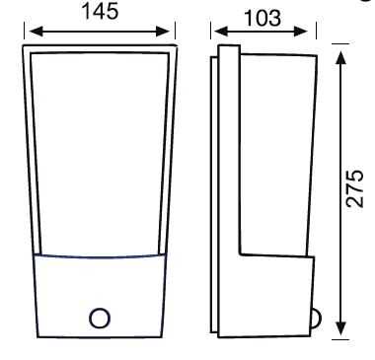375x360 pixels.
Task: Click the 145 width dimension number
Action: pos(100,12)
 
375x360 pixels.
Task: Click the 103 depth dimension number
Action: pos(262,18)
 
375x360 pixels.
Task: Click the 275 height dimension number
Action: pos(355,188)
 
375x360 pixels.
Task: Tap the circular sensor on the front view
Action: pos(100,318)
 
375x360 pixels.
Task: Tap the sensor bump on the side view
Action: pos(317,319)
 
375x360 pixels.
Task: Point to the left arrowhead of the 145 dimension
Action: pos(37,32)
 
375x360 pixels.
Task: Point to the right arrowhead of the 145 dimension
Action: pos(163,32)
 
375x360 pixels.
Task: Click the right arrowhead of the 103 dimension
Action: pos(300,32)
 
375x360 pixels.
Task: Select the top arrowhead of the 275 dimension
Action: pos(341,58)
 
